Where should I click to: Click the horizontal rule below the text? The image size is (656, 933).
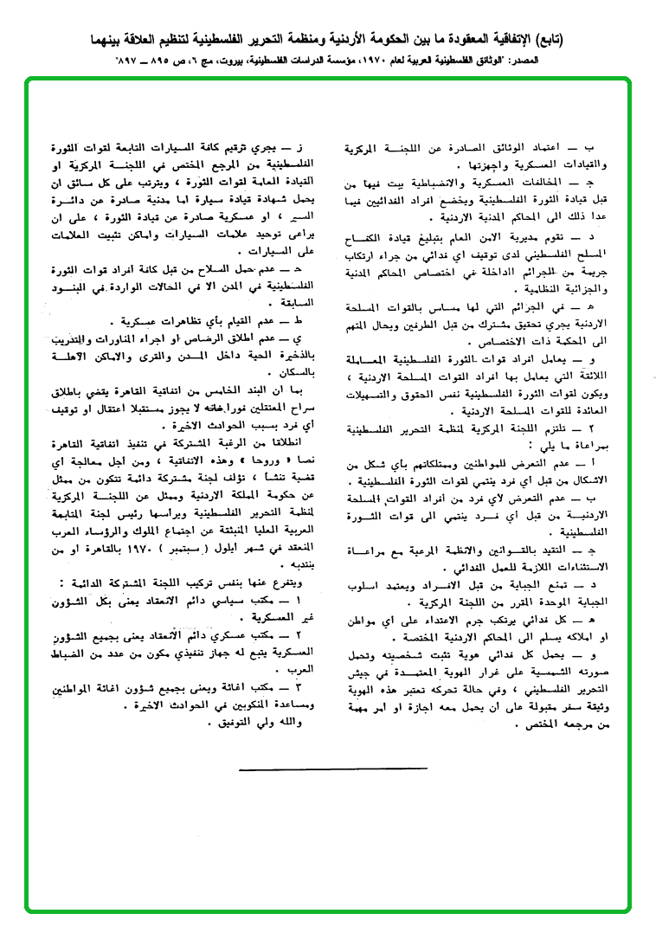332,768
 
